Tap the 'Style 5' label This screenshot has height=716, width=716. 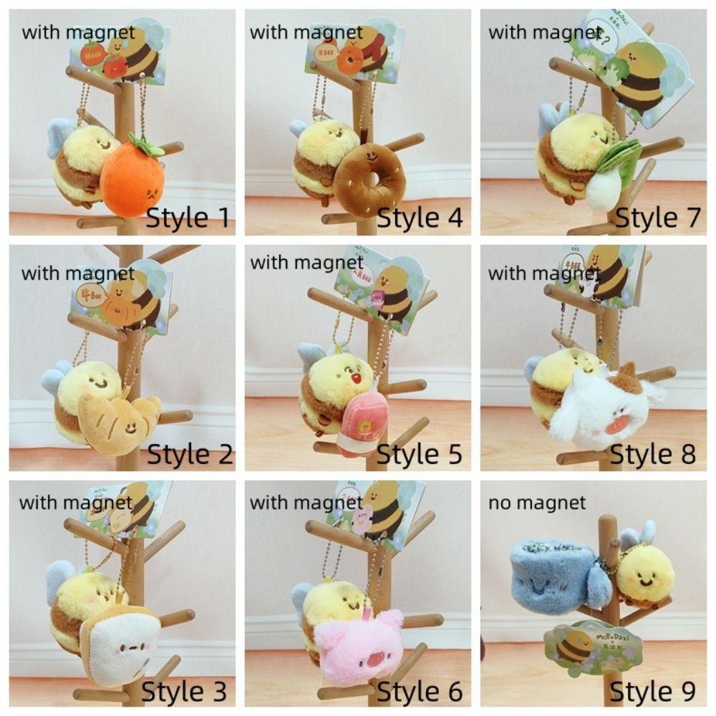click(x=419, y=454)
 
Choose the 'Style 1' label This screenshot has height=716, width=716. click(x=188, y=218)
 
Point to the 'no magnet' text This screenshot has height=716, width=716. click(x=537, y=503)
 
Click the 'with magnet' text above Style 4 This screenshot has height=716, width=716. click(x=306, y=32)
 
